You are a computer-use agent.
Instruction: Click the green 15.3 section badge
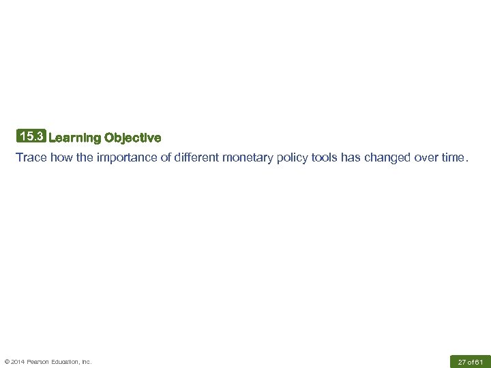coord(31,136)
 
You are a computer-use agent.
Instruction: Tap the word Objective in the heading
coord(133,138)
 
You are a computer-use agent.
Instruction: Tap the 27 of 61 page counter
coord(469,361)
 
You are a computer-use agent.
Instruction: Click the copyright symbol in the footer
coord(7,362)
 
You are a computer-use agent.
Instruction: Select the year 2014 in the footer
coord(19,362)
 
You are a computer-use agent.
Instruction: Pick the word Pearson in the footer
coord(40,362)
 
